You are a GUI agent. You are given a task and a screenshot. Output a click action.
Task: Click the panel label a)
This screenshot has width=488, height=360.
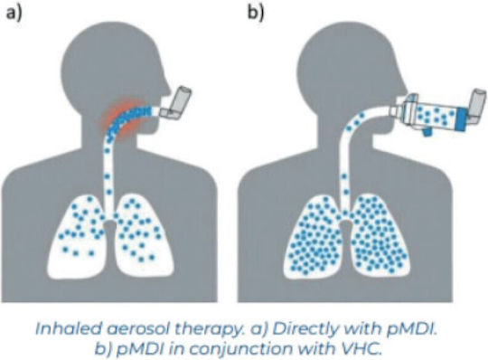coord(14,13)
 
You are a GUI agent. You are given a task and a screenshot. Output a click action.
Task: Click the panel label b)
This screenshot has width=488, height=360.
coord(256,13)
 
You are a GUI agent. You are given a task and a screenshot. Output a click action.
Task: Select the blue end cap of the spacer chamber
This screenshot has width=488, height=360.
coord(462,119)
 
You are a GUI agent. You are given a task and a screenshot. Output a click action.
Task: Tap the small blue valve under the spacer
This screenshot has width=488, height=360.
coord(427,132)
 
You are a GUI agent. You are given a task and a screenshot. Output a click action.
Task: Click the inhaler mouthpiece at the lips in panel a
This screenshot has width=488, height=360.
coord(164,113)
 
